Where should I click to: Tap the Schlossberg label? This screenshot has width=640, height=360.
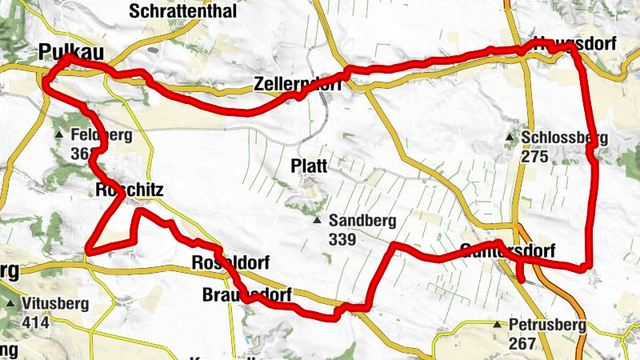click(564, 138)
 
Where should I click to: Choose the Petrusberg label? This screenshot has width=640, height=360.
click(550, 325)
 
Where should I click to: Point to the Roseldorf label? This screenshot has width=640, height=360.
click(230, 262)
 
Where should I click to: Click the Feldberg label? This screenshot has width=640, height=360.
click(100, 134)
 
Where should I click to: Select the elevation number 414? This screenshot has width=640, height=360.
click(36, 322)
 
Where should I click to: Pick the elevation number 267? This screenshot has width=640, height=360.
click(521, 342)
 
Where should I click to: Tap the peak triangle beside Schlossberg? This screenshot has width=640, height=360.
click(510, 138)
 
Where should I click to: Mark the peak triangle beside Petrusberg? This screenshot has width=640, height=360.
click(497, 325)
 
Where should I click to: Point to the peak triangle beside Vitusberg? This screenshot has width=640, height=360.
click(10, 305)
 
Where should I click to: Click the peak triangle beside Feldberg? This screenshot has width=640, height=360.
click(58, 134)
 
